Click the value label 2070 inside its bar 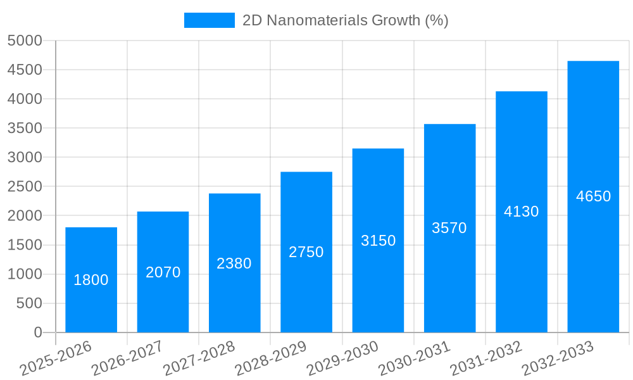point(163,272)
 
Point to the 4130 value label point(521,212)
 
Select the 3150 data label point(378,241)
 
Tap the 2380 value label point(234,263)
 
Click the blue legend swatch point(209,20)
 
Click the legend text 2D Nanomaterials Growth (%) point(346,20)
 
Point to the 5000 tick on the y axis point(25,41)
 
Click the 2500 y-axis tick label point(25,187)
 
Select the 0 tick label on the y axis point(37,332)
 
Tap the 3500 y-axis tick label point(25,129)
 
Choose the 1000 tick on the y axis point(25,274)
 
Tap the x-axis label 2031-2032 point(486,358)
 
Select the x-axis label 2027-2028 point(199,358)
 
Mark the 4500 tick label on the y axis point(25,70)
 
